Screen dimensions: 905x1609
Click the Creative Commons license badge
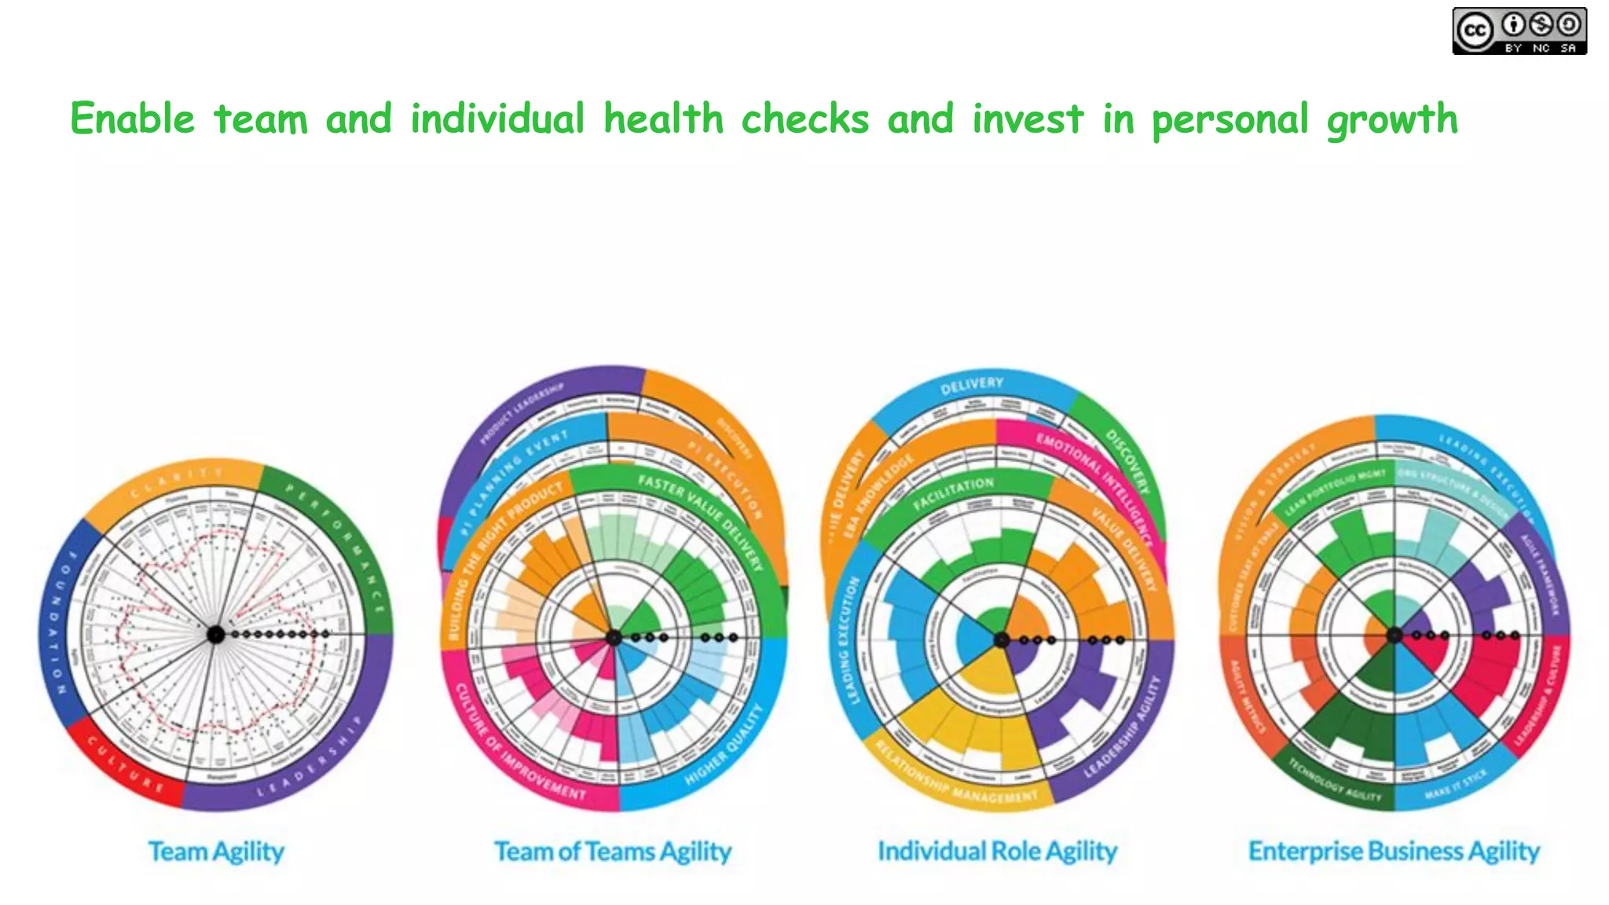1519,31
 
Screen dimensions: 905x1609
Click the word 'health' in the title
663,119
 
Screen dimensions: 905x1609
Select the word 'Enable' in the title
132,119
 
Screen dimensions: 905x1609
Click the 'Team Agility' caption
216,852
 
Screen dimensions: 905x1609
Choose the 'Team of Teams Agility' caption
612,852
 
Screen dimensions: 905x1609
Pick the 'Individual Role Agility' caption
997,852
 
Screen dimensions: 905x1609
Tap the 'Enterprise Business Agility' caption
1394,852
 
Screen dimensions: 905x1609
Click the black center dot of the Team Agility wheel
215,634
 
